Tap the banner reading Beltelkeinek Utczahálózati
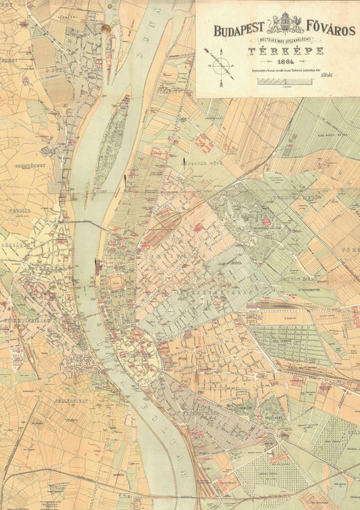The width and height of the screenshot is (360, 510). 276,41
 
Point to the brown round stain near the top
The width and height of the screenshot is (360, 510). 105,28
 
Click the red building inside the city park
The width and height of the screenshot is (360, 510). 265,222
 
